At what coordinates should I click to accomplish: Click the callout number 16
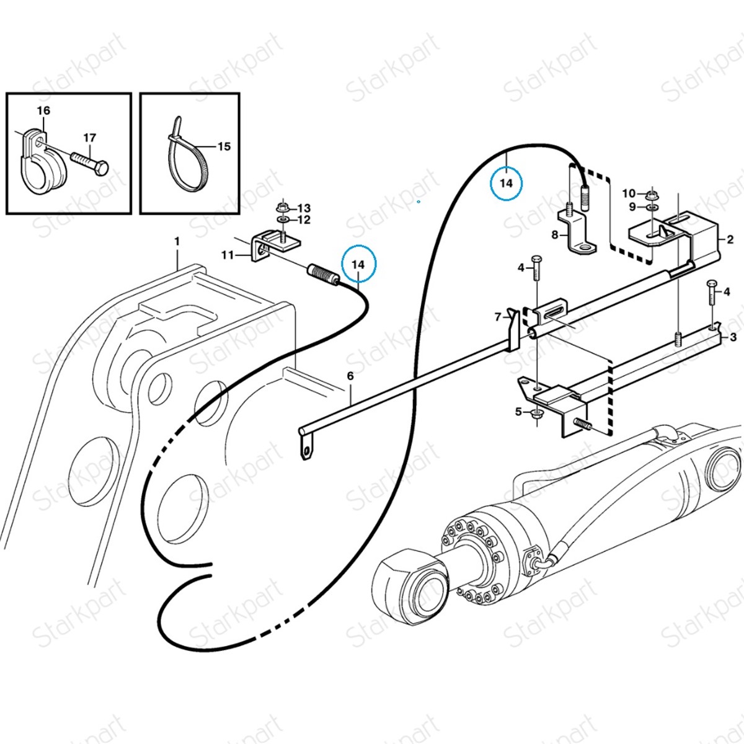43,111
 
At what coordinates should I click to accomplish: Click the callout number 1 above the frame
177,241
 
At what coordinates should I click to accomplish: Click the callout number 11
228,255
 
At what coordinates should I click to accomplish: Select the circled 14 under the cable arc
507,183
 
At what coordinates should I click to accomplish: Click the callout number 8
555,234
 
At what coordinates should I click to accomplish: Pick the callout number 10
629,193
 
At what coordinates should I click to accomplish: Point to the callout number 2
730,239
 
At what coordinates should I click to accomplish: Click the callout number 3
733,337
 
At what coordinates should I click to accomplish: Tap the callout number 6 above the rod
350,376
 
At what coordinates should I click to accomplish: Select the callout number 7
497,317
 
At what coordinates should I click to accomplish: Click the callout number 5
519,411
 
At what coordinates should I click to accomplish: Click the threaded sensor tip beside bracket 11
323,275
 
